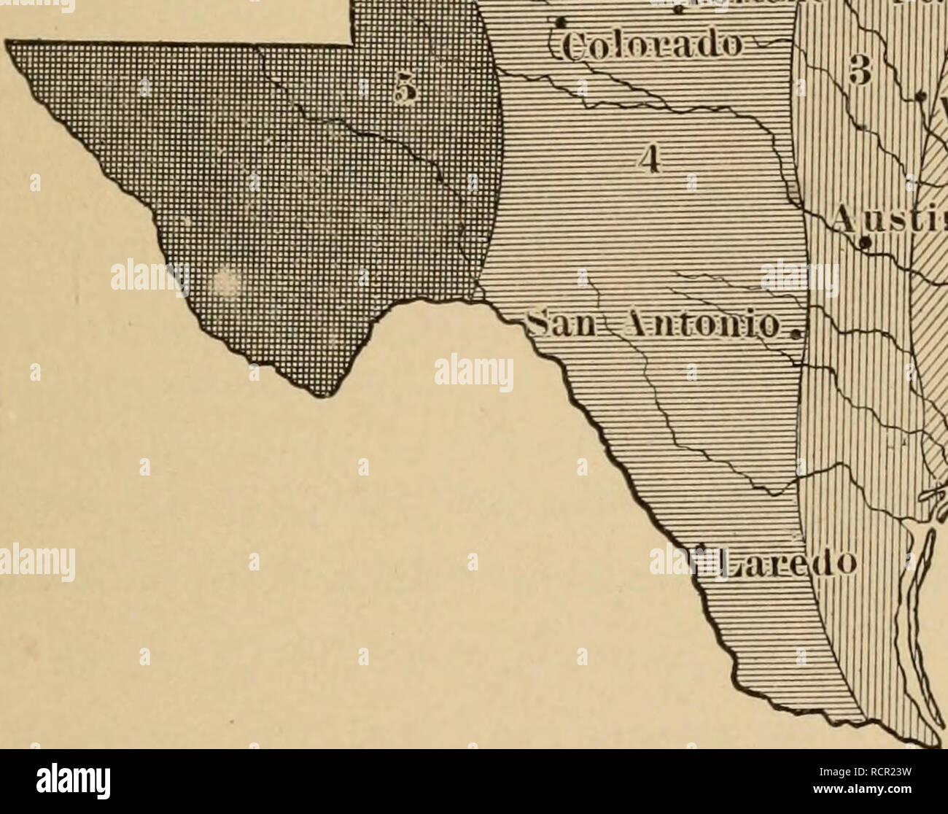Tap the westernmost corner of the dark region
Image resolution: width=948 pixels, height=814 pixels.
9,46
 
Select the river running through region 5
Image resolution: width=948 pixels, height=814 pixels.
379,139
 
